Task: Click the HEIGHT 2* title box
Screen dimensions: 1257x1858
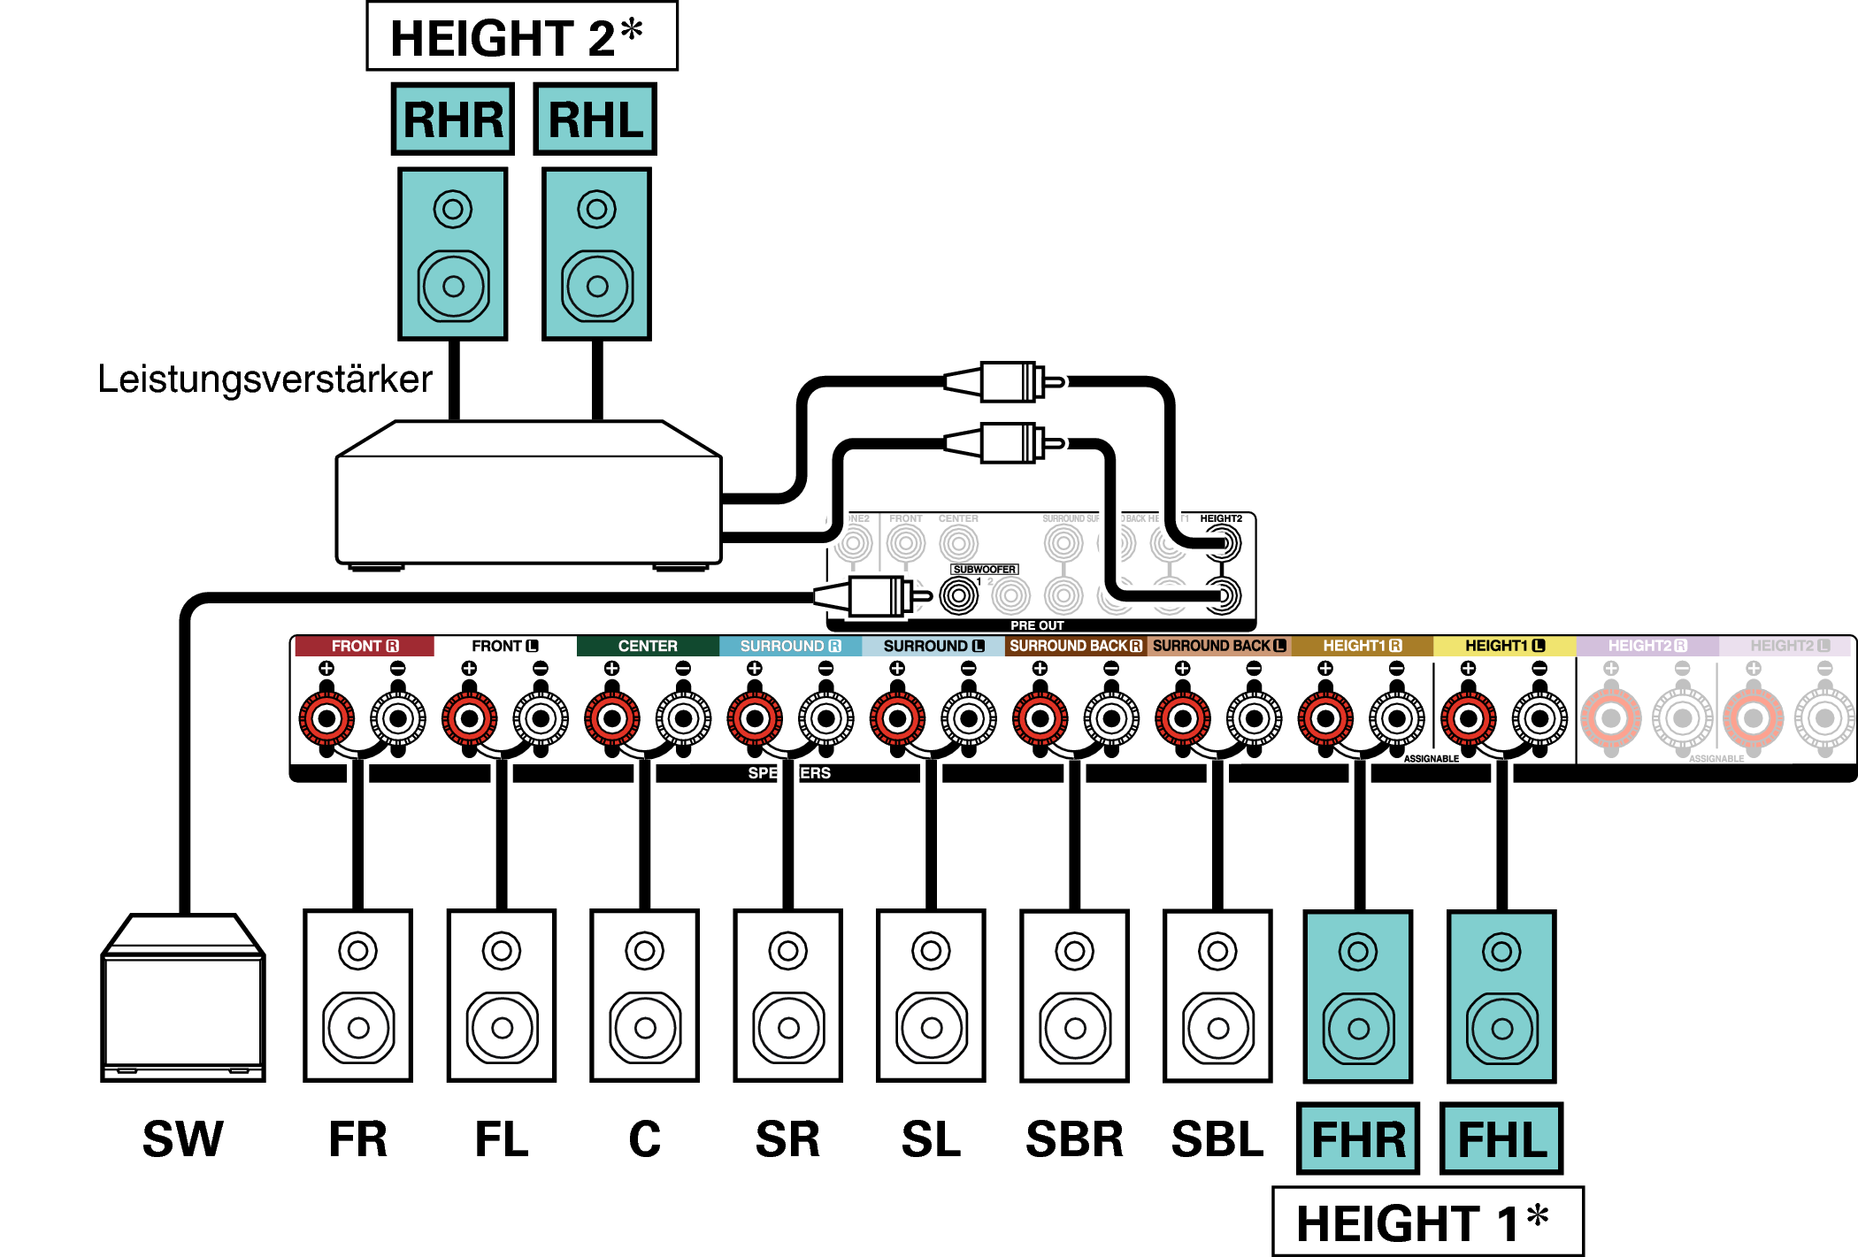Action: pyautogui.click(x=522, y=37)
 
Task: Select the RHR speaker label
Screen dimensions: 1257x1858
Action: pyautogui.click(x=453, y=119)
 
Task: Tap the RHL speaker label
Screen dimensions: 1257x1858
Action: pyautogui.click(x=595, y=119)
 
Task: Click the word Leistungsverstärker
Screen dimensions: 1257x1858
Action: pyautogui.click(x=265, y=379)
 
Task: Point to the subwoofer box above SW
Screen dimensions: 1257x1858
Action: pyautogui.click(x=183, y=1000)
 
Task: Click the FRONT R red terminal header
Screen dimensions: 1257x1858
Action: pyautogui.click(x=365, y=647)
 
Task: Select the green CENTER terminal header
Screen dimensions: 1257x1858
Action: pyautogui.click(x=648, y=647)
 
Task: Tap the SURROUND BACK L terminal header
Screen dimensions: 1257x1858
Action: pyautogui.click(x=1219, y=647)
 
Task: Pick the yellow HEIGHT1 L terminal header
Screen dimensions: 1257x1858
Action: pyautogui.click(x=1504, y=647)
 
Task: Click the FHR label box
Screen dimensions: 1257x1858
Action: pyautogui.click(x=1358, y=1139)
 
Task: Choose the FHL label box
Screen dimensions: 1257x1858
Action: pyautogui.click(x=1501, y=1139)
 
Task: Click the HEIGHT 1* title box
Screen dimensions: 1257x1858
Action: pyautogui.click(x=1427, y=1223)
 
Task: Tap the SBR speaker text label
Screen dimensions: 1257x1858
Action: pyautogui.click(x=1074, y=1139)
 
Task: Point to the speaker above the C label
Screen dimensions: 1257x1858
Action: pyautogui.click(x=645, y=996)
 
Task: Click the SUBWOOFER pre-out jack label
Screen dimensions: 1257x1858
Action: pyautogui.click(x=985, y=570)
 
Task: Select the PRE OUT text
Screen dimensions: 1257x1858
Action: pyautogui.click(x=1037, y=625)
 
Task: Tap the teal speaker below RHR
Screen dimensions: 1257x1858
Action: pyautogui.click(x=453, y=254)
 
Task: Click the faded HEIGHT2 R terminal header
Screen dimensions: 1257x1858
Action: pyautogui.click(x=1647, y=647)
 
